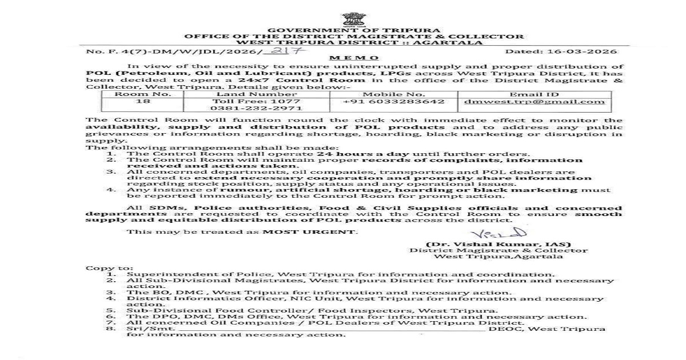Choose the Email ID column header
(x=534, y=93)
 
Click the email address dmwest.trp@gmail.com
(x=534, y=102)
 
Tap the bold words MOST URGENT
(x=309, y=231)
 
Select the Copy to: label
(x=102, y=268)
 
